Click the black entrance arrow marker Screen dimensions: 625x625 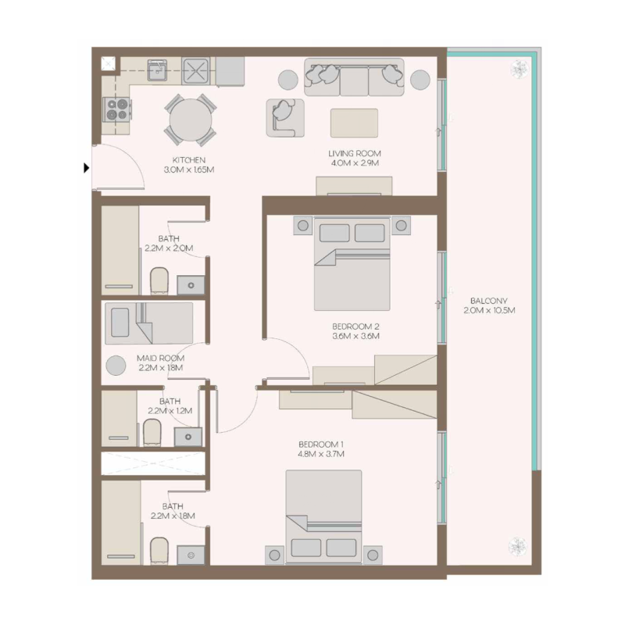[86, 166]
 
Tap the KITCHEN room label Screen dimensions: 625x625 [189, 159]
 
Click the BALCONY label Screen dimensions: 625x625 [490, 301]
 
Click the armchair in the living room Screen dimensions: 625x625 [284, 116]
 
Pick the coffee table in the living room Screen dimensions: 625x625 [355, 123]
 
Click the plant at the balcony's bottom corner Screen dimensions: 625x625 [517, 545]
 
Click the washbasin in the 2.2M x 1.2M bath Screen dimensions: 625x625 [187, 435]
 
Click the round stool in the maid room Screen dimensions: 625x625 [116, 365]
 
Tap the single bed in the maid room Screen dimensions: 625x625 [148, 323]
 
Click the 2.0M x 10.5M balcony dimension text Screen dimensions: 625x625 [490, 310]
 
